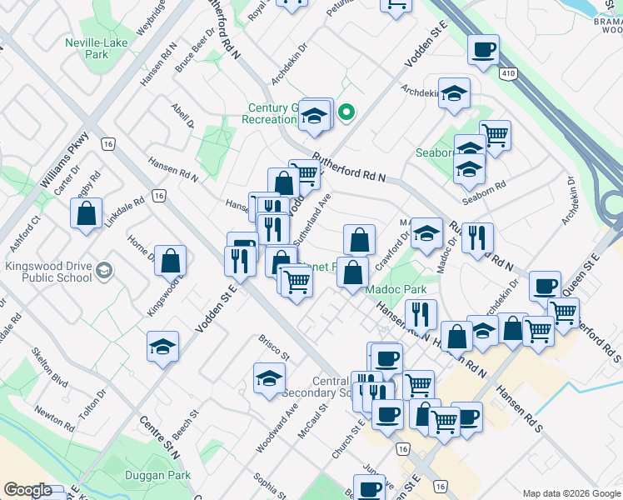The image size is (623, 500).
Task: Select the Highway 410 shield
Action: click(x=507, y=74)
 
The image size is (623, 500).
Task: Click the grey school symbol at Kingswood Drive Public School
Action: click(x=103, y=270)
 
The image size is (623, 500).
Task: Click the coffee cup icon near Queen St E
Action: click(x=545, y=285)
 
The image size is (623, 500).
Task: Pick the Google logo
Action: click(x=28, y=491)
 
